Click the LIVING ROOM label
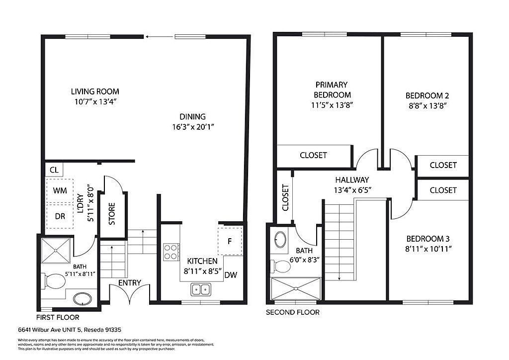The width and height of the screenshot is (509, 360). click(95, 91)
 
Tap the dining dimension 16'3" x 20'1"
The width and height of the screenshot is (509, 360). click(193, 127)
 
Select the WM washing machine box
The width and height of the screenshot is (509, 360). click(60, 190)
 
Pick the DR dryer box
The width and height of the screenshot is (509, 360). click(60, 216)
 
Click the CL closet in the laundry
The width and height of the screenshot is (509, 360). click(54, 170)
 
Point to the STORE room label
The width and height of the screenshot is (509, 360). click(112, 214)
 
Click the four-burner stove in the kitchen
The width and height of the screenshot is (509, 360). click(171, 252)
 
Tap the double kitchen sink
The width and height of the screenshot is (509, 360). click(201, 289)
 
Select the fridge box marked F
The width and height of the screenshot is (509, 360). click(230, 241)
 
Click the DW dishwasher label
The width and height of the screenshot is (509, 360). click(231, 275)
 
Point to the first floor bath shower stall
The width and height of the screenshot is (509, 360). click(56, 251)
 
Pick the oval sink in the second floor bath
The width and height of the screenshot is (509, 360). click(280, 239)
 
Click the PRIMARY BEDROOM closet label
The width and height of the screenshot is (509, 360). click(313, 155)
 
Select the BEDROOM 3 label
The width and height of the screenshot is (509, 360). click(428, 239)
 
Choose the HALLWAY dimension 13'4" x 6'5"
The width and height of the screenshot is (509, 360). click(352, 190)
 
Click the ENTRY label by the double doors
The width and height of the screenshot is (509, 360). click(130, 283)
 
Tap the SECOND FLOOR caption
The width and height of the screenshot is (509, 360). click(292, 312)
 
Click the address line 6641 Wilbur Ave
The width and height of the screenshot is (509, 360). click(70, 330)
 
